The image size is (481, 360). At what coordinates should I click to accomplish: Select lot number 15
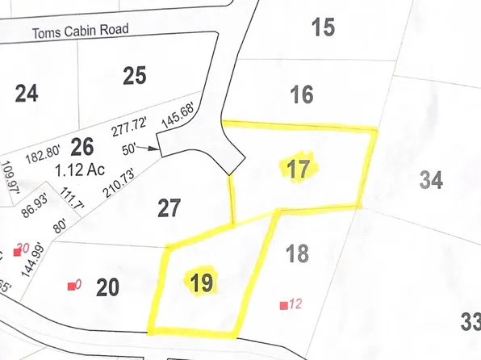coord(322,28)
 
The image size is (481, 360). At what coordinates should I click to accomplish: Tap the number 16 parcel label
coord(301,95)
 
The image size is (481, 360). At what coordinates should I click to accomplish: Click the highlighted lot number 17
coord(297,169)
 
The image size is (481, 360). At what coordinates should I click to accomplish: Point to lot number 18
coord(297,253)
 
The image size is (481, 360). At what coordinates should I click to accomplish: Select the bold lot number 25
coord(135,76)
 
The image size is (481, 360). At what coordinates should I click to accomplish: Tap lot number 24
coord(27,94)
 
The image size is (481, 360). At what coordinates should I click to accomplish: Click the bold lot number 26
coord(82,146)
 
